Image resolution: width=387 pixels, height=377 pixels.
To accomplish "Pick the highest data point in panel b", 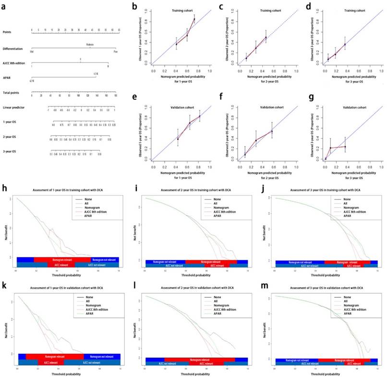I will click(x=194, y=19).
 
